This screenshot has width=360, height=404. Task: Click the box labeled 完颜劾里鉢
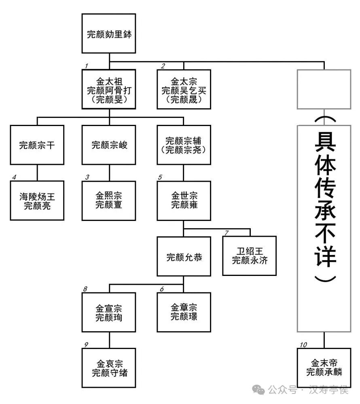point(109,34)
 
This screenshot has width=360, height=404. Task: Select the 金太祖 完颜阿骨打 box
point(109,89)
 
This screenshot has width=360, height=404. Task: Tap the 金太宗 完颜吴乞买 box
point(184,89)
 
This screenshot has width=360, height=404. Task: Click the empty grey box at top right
point(324,89)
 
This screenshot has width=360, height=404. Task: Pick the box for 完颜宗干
point(37,145)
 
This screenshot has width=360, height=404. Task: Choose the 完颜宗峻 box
point(109,145)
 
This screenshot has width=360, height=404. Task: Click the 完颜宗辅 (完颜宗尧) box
point(184,145)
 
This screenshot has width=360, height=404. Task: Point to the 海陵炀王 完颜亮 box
point(37,200)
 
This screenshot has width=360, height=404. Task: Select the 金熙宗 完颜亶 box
point(109,200)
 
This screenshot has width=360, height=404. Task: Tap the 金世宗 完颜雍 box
point(184,200)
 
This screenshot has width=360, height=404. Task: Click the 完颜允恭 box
point(184,256)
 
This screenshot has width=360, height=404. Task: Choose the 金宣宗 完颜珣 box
point(109,312)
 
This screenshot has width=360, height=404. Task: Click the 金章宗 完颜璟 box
point(184,312)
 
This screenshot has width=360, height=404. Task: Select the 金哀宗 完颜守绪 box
point(109,367)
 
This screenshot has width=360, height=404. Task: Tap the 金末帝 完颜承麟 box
point(324,367)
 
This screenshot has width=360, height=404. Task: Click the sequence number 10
point(303,345)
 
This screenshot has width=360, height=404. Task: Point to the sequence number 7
point(227,233)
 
